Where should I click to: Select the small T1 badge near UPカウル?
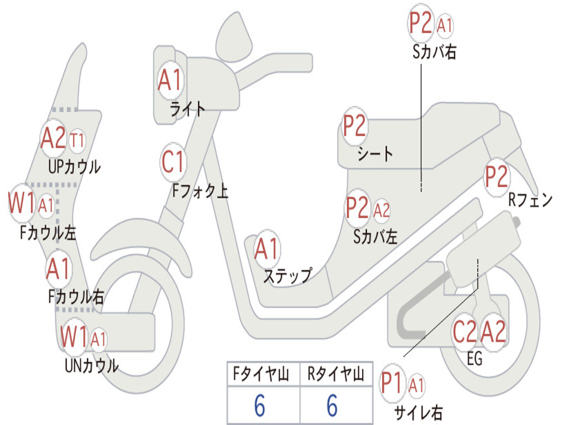tap(77, 141)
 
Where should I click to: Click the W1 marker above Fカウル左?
tap(22, 204)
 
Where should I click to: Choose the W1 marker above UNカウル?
tap(74, 336)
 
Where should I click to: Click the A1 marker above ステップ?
tap(267, 250)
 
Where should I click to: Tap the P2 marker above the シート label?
tap(354, 127)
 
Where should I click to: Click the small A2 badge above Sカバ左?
tap(382, 210)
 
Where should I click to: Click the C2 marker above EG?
tap(464, 332)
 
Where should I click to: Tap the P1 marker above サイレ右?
tap(393, 383)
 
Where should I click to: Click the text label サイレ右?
tap(418, 412)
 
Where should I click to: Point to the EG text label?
tap(475, 359)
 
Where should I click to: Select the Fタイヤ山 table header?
tap(262, 375)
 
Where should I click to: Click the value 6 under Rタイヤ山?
tap(332, 406)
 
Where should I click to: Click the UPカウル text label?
tap(74, 166)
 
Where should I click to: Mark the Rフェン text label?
tap(530, 200)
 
